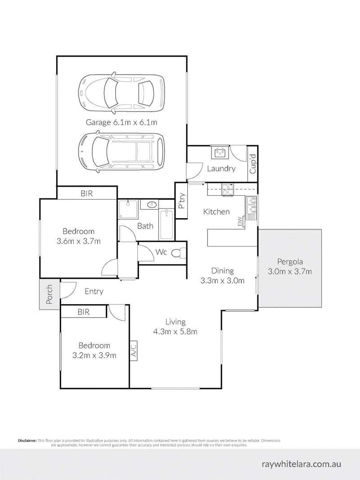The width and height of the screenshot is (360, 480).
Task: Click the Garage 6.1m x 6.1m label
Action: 121,122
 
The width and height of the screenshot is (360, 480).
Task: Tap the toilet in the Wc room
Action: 179,253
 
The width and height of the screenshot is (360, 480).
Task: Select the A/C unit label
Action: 134,351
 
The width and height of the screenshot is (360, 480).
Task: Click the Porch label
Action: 49,294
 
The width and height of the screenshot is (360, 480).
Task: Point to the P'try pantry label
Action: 181,201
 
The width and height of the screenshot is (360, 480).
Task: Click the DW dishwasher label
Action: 240,221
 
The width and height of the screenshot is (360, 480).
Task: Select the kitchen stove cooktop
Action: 227,190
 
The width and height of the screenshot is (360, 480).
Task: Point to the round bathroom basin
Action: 152,205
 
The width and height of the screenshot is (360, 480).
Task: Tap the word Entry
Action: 94,292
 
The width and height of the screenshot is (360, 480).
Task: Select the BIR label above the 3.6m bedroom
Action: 87,193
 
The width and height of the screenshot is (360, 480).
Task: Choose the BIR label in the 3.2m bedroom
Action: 83,312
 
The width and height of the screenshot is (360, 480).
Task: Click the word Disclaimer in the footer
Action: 27,440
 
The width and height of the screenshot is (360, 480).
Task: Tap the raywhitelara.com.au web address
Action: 301,464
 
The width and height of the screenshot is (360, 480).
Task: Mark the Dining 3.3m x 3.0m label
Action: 223,275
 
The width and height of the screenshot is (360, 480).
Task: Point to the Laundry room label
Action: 221,169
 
